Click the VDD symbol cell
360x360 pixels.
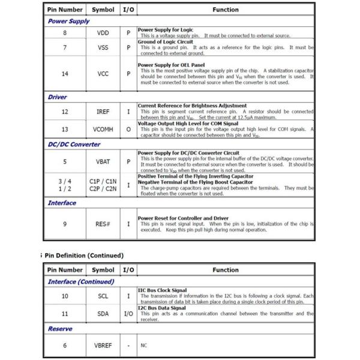point(103,33)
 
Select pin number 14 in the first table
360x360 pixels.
point(65,74)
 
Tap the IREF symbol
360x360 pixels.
point(103,112)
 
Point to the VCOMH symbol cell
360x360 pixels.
point(103,129)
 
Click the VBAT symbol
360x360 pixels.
point(103,161)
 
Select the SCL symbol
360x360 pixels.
point(103,296)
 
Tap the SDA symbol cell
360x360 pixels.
point(103,313)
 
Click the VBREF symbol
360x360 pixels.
point(103,346)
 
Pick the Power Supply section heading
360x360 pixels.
point(68,21)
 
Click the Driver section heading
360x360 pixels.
point(57,97)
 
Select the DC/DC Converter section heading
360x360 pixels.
point(74,145)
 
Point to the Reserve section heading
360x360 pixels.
point(61,329)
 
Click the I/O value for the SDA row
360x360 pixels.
point(128,313)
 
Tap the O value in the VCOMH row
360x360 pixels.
point(128,129)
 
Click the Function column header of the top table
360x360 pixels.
point(225,10)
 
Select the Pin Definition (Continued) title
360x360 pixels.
point(83,256)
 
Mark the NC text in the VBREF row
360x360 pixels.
point(144,346)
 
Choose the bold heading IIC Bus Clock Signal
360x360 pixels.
point(163,290)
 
